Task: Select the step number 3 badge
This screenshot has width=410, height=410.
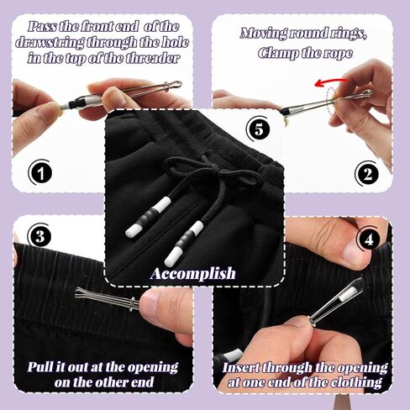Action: point(38,233)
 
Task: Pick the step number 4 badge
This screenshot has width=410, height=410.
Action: point(366,239)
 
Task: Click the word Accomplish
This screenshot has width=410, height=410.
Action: point(193,273)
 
